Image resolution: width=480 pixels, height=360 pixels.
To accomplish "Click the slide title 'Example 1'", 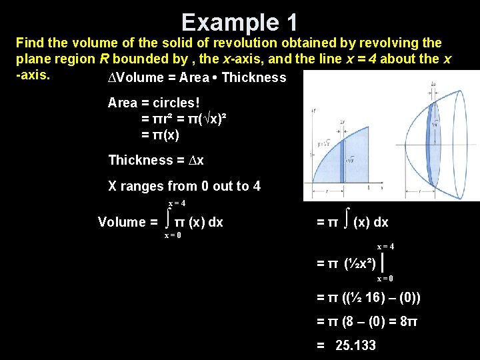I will pyautogui.click(x=239, y=22).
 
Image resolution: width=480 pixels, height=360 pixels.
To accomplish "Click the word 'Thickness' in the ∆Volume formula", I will pyautogui.click(x=253, y=77).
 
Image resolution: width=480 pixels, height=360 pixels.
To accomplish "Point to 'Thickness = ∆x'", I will pyautogui.click(x=156, y=160).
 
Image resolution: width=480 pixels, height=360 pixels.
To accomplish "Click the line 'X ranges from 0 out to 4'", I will pyautogui.click(x=184, y=186).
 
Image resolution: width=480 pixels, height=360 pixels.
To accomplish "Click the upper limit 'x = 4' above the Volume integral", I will pyautogui.click(x=177, y=203).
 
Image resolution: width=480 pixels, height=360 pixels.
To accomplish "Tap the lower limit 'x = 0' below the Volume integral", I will pyautogui.click(x=173, y=235).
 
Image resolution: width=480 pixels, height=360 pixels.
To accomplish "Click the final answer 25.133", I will pyautogui.click(x=355, y=345).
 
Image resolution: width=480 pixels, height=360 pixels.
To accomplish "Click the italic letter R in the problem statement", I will pyautogui.click(x=104, y=59).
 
